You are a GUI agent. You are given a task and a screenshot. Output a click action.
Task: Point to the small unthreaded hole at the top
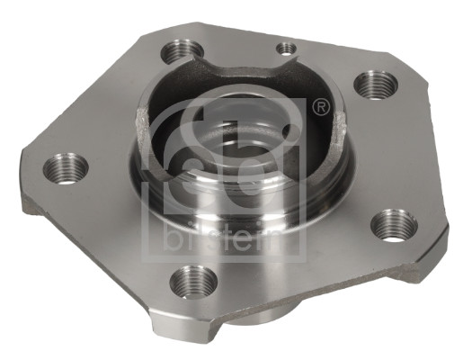click(287, 48)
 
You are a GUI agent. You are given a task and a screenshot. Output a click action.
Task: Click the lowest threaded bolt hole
click(193, 282)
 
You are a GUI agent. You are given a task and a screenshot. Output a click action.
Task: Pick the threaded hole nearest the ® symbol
click(372, 85)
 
